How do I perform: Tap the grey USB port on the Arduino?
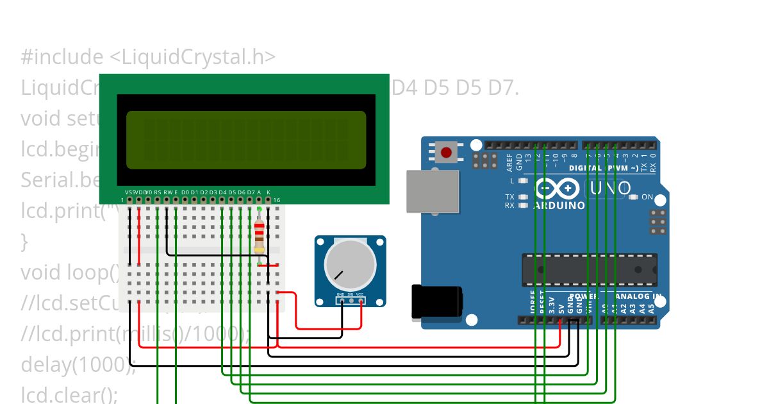[x=433, y=191]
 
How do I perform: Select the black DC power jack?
[x=436, y=302]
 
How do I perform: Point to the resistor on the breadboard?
[x=259, y=236]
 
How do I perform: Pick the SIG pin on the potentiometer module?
[x=351, y=300]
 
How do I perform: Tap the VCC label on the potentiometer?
[x=360, y=294]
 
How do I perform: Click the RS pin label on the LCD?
[x=158, y=192]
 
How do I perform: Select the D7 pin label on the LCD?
[x=251, y=192]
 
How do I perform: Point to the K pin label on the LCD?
[x=269, y=192]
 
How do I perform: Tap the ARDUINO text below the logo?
[x=559, y=206]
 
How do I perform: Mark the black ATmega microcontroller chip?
[x=589, y=269]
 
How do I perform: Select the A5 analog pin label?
[x=651, y=307]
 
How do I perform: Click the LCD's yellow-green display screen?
[x=246, y=140]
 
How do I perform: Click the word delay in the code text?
[x=45, y=364]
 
